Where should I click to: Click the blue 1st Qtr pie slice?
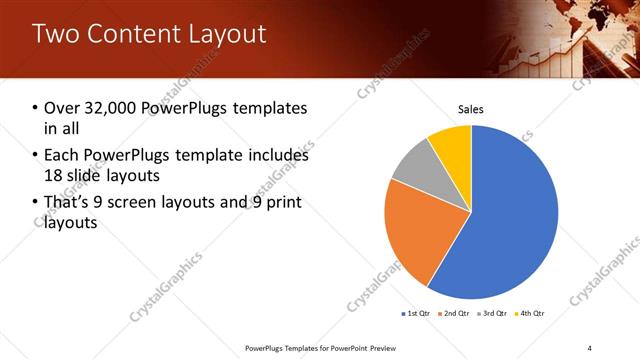505,215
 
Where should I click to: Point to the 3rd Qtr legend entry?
493,314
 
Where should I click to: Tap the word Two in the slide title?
55,34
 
